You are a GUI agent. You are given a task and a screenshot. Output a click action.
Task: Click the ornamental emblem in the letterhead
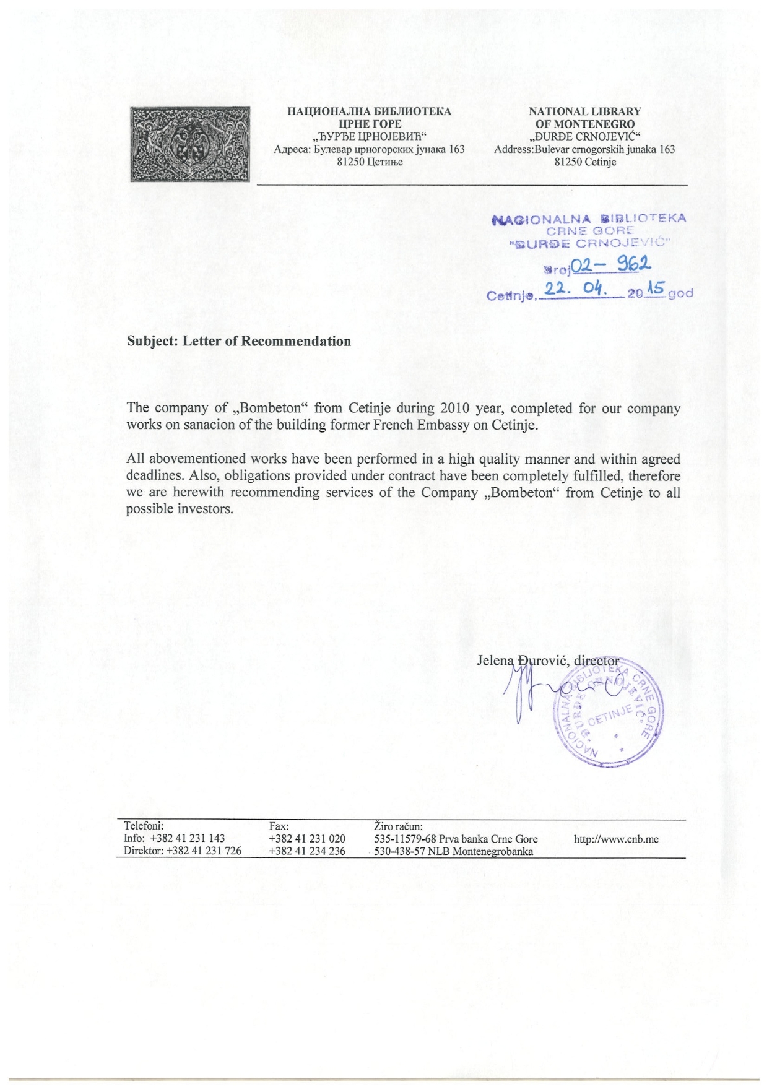click(x=190, y=144)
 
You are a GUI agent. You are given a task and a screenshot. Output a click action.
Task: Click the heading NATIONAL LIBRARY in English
click(x=584, y=111)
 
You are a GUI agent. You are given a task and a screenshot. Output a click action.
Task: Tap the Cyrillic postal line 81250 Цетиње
click(x=369, y=162)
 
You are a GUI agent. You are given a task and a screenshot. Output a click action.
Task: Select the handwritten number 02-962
click(x=609, y=266)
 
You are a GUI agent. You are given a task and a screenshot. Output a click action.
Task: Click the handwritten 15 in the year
click(x=655, y=288)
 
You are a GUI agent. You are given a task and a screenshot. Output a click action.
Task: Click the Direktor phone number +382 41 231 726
click(x=204, y=851)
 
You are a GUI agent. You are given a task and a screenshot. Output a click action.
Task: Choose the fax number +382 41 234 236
click(x=307, y=851)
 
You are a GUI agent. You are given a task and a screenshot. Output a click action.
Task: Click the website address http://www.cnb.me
click(x=616, y=839)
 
